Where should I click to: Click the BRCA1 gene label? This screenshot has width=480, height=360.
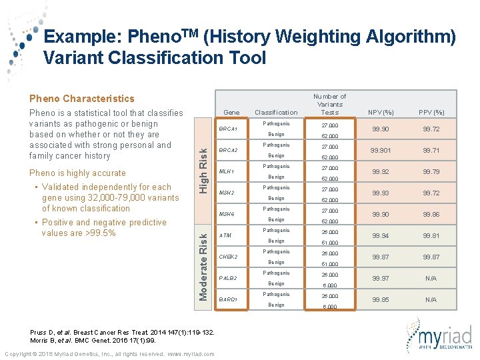point(229,129)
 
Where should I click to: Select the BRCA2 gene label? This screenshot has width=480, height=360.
point(229,150)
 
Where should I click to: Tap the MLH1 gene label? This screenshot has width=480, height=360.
point(227,171)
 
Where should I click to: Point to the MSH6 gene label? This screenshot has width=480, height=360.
point(227,214)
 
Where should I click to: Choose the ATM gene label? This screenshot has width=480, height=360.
point(225,235)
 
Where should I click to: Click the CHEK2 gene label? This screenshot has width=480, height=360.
point(229,257)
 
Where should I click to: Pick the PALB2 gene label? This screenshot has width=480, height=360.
point(228,278)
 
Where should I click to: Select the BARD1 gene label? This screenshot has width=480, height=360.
point(229,299)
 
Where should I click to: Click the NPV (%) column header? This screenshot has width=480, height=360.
point(381,112)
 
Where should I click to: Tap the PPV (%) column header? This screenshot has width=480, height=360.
point(431,112)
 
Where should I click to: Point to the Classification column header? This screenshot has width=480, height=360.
point(276,112)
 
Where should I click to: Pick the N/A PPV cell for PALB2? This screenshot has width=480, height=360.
point(431,278)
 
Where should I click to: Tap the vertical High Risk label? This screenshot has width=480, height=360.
point(204,171)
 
